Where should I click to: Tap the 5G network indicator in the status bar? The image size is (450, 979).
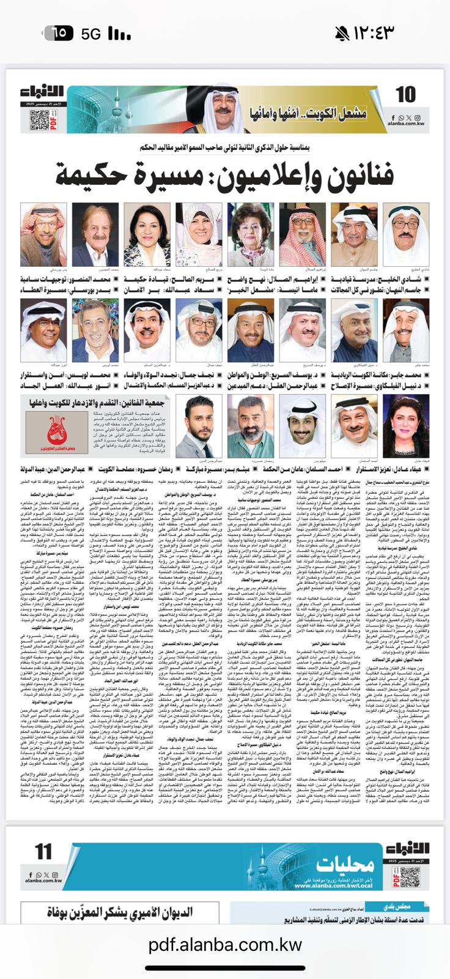91,34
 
